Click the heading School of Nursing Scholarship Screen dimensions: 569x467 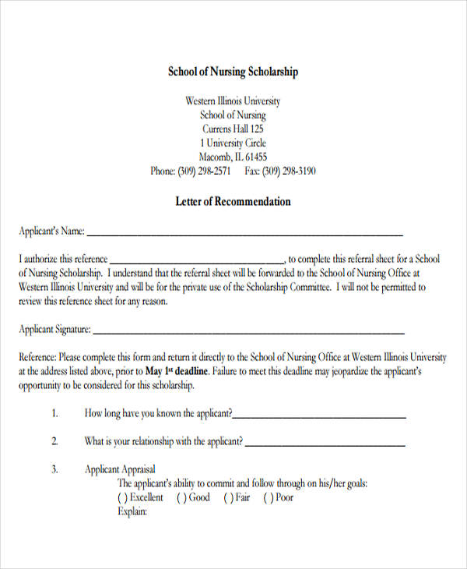click(x=233, y=72)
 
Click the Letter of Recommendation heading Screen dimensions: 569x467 click(x=233, y=201)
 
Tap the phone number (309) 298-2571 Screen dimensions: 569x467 click(x=205, y=171)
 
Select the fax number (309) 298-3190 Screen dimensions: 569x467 click(x=289, y=171)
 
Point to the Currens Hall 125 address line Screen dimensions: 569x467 click(x=233, y=129)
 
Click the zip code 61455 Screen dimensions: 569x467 click(x=260, y=157)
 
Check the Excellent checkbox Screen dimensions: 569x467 click(x=122, y=497)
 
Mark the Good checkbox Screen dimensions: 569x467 click(x=181, y=497)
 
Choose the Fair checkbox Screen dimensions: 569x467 click(x=228, y=497)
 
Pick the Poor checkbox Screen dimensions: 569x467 click(x=268, y=497)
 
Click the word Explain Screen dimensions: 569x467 click(x=132, y=512)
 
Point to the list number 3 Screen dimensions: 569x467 click(x=55, y=469)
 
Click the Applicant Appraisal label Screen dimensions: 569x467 click(x=120, y=469)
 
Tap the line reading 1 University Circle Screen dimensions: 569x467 click(x=233, y=143)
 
